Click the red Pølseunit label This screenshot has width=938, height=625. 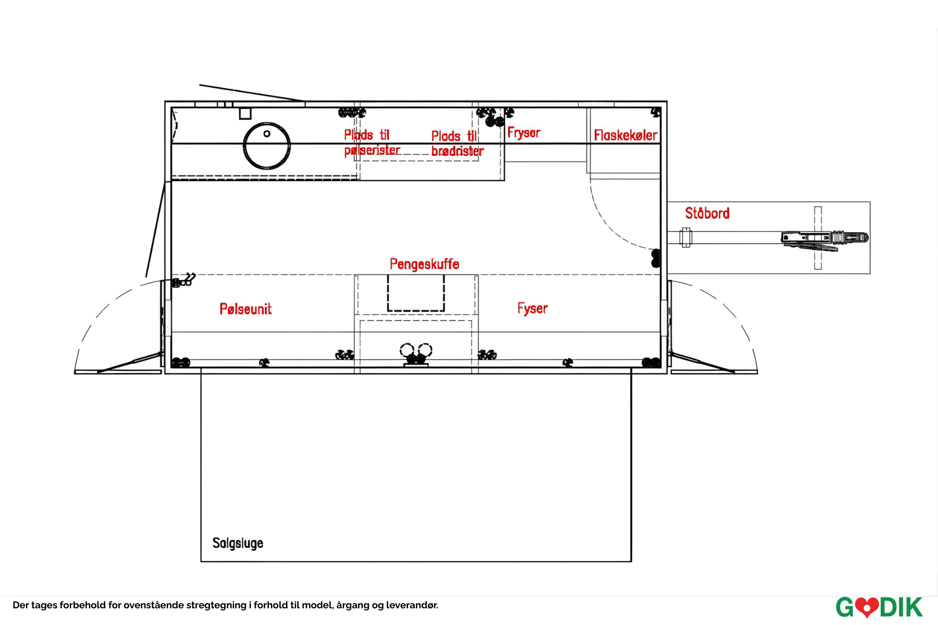[245, 309]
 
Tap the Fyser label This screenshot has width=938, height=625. [533, 308]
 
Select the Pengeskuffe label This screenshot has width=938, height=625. [424, 264]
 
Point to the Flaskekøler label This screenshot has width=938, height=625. [625, 135]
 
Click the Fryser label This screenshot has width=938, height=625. [524, 133]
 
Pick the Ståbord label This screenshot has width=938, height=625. [707, 213]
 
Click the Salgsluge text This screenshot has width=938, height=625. [238, 543]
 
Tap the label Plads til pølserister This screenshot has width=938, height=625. [372, 143]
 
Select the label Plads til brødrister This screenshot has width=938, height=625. [457, 144]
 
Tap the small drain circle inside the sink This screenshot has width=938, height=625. [267, 134]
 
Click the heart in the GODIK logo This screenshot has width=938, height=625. [867, 607]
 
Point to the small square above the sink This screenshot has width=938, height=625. [245, 114]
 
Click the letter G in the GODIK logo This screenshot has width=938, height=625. [845, 608]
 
